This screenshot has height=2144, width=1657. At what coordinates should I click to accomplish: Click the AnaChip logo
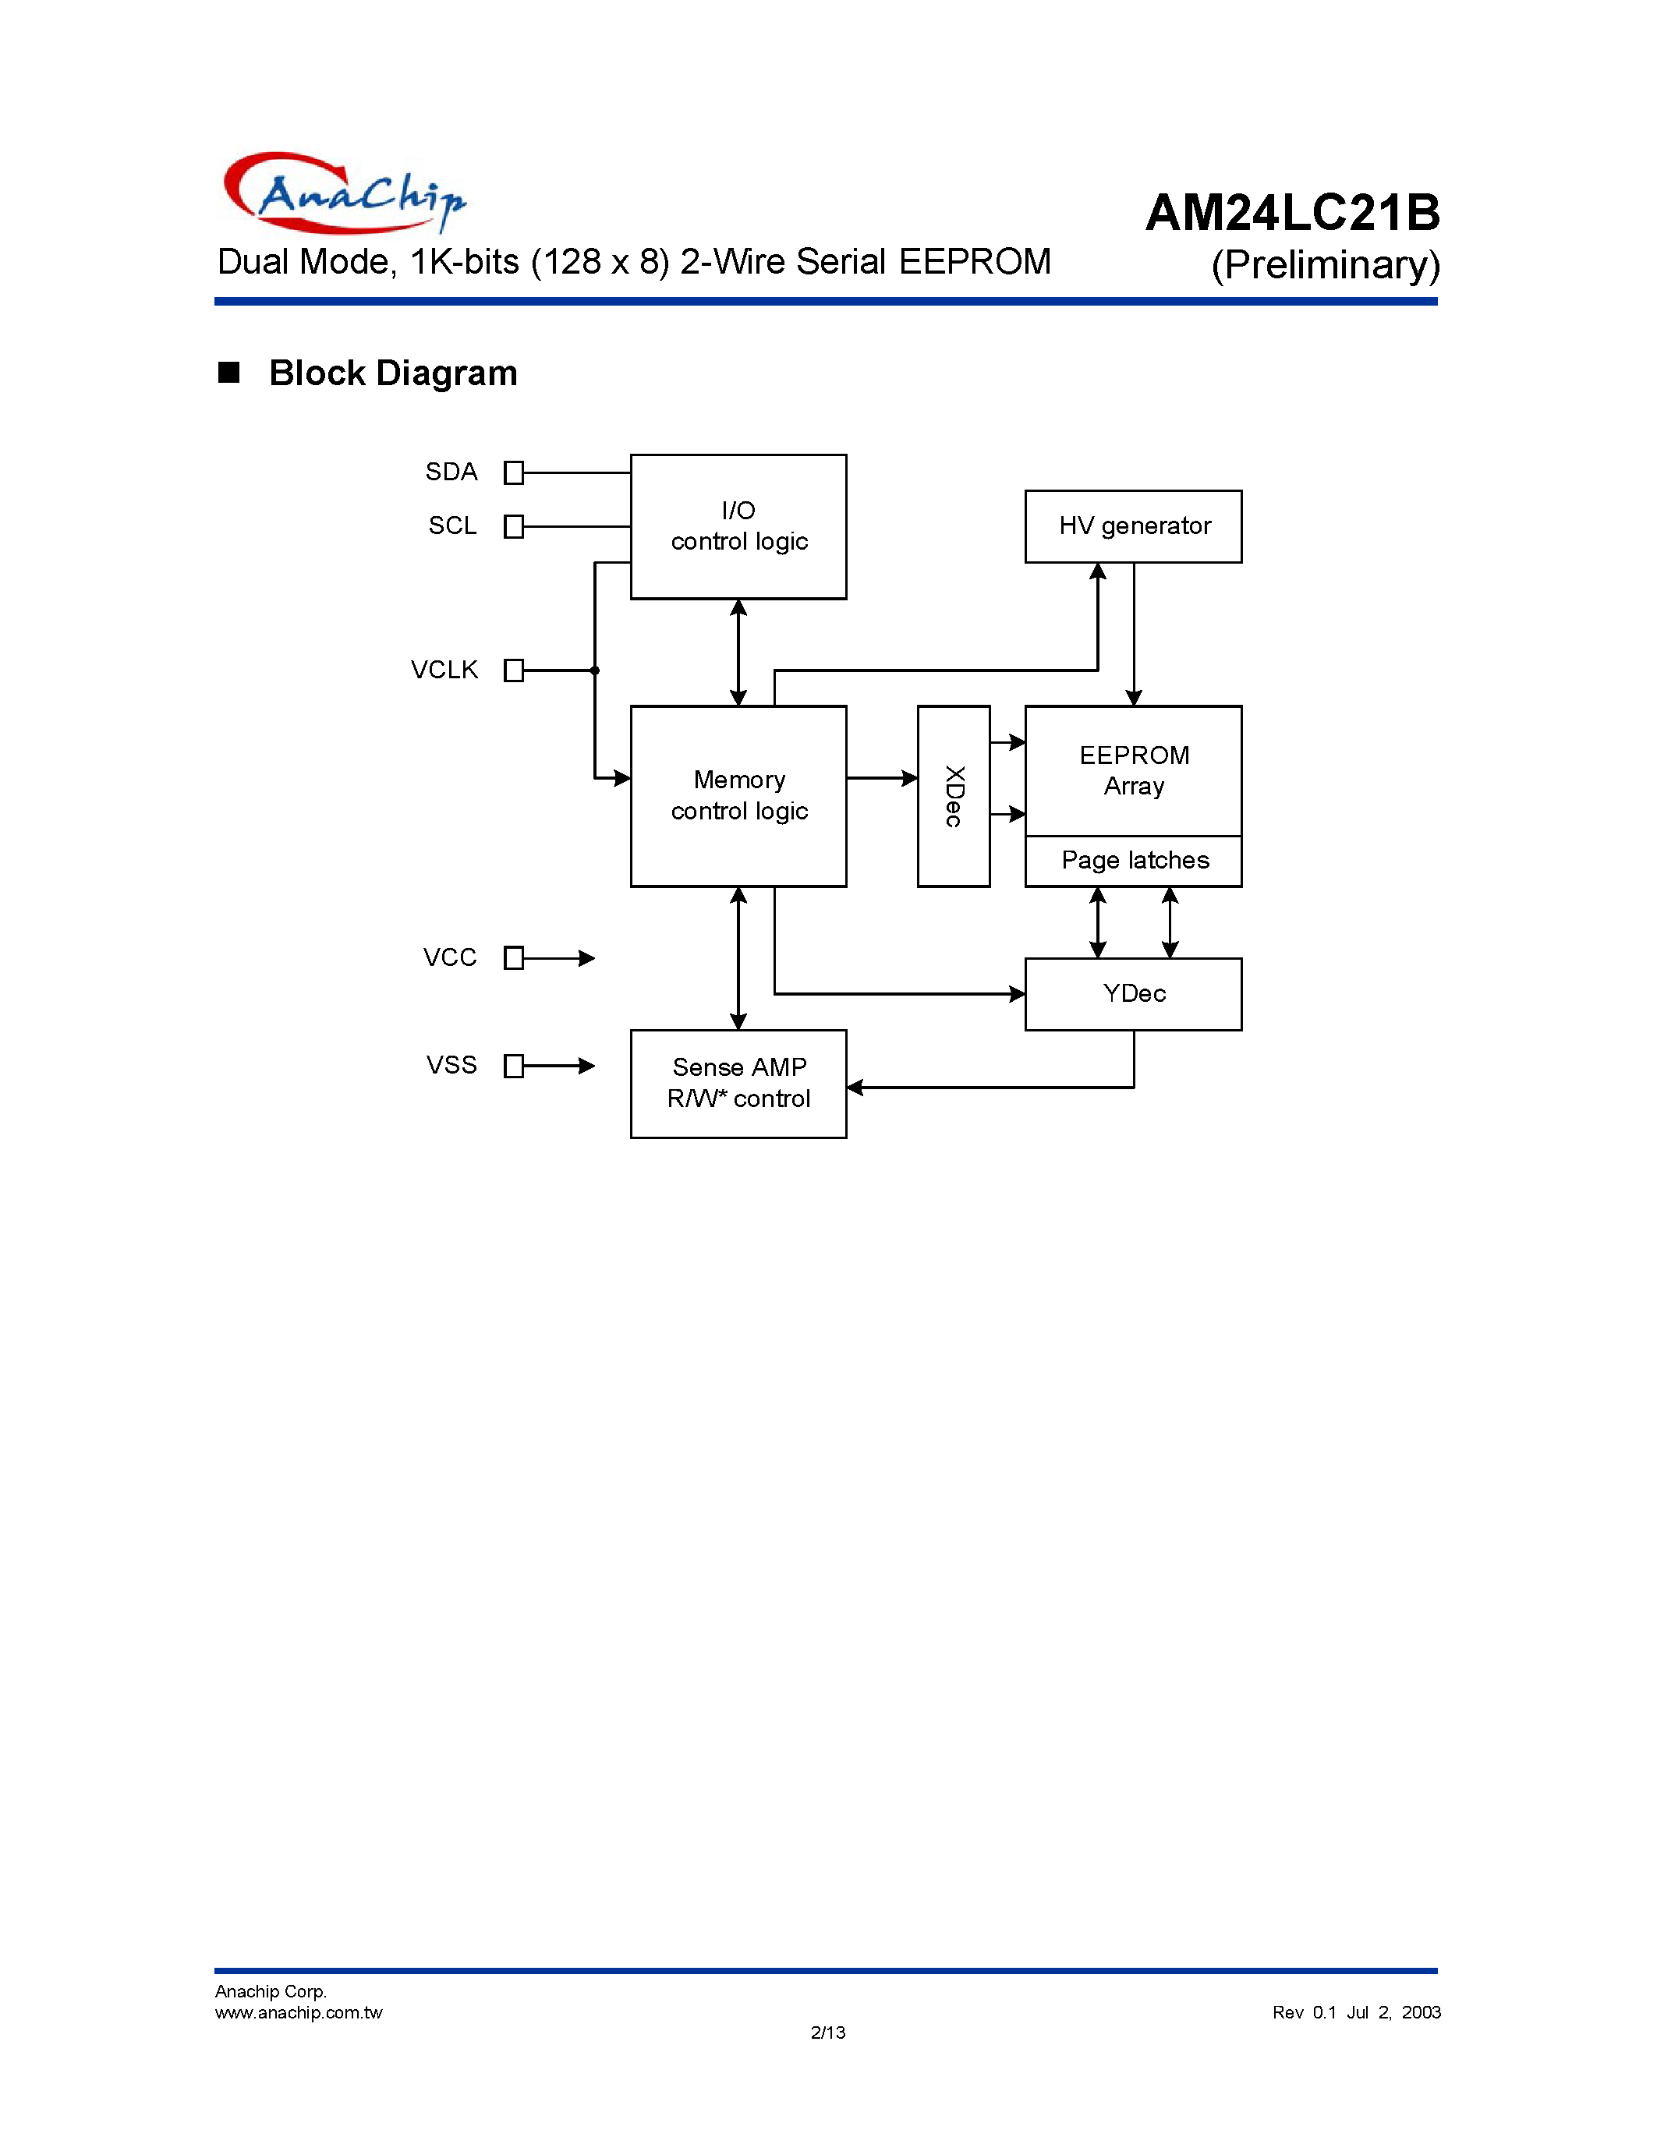pyautogui.click(x=344, y=193)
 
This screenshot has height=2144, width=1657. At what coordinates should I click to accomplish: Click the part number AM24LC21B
pyautogui.click(x=1292, y=213)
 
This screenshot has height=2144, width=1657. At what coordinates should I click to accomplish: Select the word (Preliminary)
pyautogui.click(x=1325, y=265)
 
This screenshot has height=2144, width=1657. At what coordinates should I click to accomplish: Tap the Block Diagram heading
pyautogui.click(x=393, y=373)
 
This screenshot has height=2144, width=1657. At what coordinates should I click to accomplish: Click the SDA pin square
pyautogui.click(x=513, y=473)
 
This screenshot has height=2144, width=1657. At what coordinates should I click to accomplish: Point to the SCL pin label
pyautogui.click(x=451, y=526)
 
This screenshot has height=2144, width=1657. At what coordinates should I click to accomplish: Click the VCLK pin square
pyautogui.click(x=513, y=670)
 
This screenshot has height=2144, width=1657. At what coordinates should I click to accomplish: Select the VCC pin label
pyautogui.click(x=450, y=957)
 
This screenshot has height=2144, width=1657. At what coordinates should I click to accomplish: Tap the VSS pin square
pyautogui.click(x=513, y=1066)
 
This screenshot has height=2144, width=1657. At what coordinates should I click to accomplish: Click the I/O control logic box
pyautogui.click(x=738, y=526)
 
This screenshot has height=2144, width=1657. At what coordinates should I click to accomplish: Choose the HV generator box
pyautogui.click(x=1134, y=526)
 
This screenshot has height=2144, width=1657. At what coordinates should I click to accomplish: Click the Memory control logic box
pyautogui.click(x=738, y=795)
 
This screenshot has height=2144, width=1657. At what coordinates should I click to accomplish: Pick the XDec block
pyautogui.click(x=953, y=795)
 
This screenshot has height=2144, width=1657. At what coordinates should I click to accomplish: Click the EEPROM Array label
pyautogui.click(x=1134, y=770)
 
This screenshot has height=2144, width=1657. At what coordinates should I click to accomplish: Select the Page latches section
pyautogui.click(x=1134, y=861)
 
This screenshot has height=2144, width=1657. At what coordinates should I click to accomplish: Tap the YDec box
pyautogui.click(x=1134, y=993)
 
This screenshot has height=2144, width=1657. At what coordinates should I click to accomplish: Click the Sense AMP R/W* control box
pyautogui.click(x=738, y=1083)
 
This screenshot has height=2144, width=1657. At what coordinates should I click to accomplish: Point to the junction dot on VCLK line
pyautogui.click(x=595, y=670)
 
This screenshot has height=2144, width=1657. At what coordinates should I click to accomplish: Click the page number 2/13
pyautogui.click(x=827, y=2032)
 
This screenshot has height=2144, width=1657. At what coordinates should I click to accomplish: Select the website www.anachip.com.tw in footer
pyautogui.click(x=299, y=2012)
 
